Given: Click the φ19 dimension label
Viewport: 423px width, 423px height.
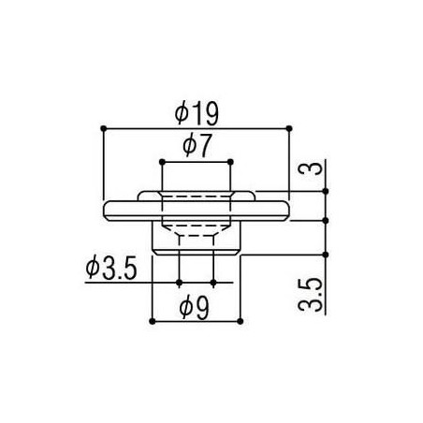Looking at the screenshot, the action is coord(197,114).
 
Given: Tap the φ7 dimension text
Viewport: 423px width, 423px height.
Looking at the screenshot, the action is coord(197,146).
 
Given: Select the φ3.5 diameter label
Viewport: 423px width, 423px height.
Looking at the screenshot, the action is coord(111,269).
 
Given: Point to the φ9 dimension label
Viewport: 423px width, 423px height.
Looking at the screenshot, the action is coord(194,308).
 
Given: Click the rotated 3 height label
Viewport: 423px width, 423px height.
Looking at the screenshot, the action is coord(310,168).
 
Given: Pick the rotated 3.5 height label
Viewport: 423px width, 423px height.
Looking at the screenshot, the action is coord(310,295).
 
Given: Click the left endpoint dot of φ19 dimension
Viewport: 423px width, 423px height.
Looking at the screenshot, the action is coord(104,128).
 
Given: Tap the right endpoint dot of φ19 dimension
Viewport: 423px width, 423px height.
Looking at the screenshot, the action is coord(289,128).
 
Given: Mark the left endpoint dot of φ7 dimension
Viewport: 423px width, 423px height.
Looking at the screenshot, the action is coord(162,162).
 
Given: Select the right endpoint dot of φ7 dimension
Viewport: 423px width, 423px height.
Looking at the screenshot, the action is coord(230,162).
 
